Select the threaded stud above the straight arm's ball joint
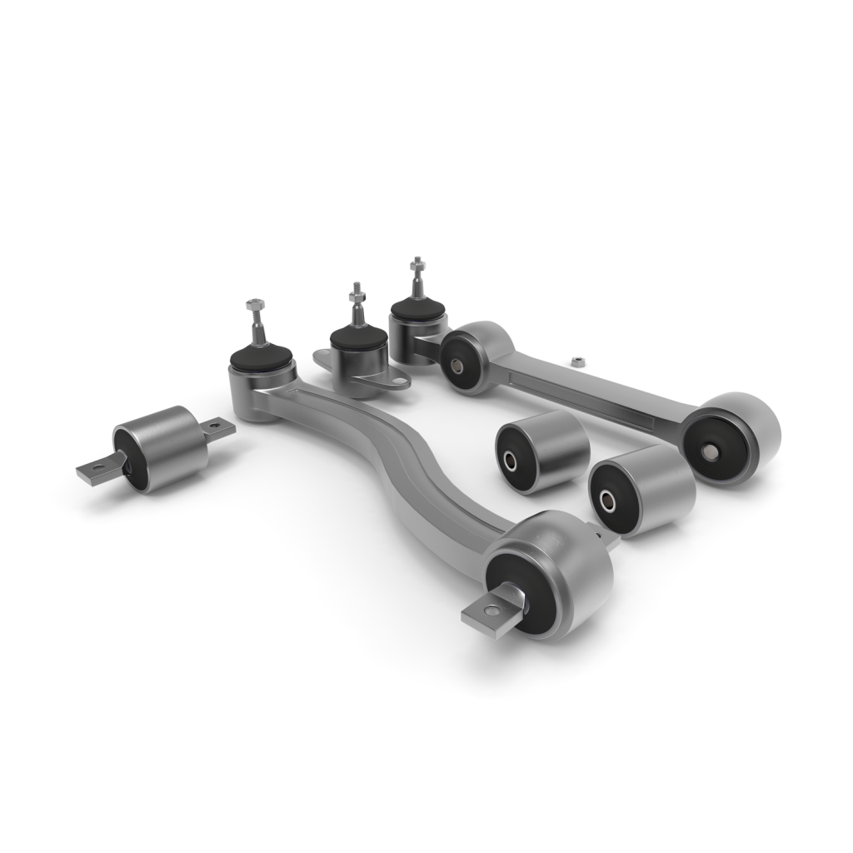[x=417, y=278]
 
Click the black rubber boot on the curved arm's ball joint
[x=261, y=357]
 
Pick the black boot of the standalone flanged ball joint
[x=357, y=338]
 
